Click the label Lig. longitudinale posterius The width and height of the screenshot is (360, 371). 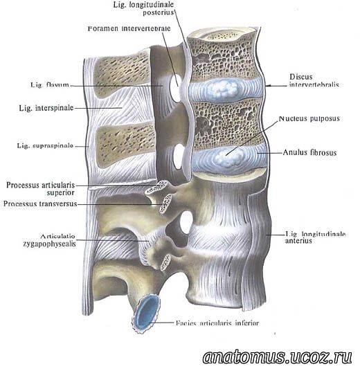click(x=143, y=8)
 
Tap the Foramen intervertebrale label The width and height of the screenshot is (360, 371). click(x=129, y=28)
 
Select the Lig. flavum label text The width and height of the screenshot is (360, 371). click(x=50, y=84)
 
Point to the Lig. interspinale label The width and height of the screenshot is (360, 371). click(x=46, y=108)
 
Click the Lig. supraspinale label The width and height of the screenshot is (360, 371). click(x=45, y=145)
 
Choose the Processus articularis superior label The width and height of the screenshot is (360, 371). click(x=40, y=188)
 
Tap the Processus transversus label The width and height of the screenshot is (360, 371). click(x=40, y=203)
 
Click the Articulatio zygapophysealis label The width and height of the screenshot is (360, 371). click(x=49, y=240)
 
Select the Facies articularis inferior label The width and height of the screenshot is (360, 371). click(x=217, y=323)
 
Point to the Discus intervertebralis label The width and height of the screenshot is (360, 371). click(x=314, y=80)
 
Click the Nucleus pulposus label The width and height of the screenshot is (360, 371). click(x=309, y=118)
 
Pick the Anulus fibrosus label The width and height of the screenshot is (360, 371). click(x=309, y=152)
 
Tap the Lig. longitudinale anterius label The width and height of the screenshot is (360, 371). click(x=315, y=237)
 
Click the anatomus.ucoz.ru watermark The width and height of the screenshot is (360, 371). click(x=277, y=356)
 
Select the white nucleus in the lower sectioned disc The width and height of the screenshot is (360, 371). click(x=228, y=156)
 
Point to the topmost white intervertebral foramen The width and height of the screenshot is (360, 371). click(x=175, y=87)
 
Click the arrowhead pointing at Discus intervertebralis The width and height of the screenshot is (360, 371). click(x=267, y=86)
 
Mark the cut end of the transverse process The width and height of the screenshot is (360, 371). click(x=165, y=203)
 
